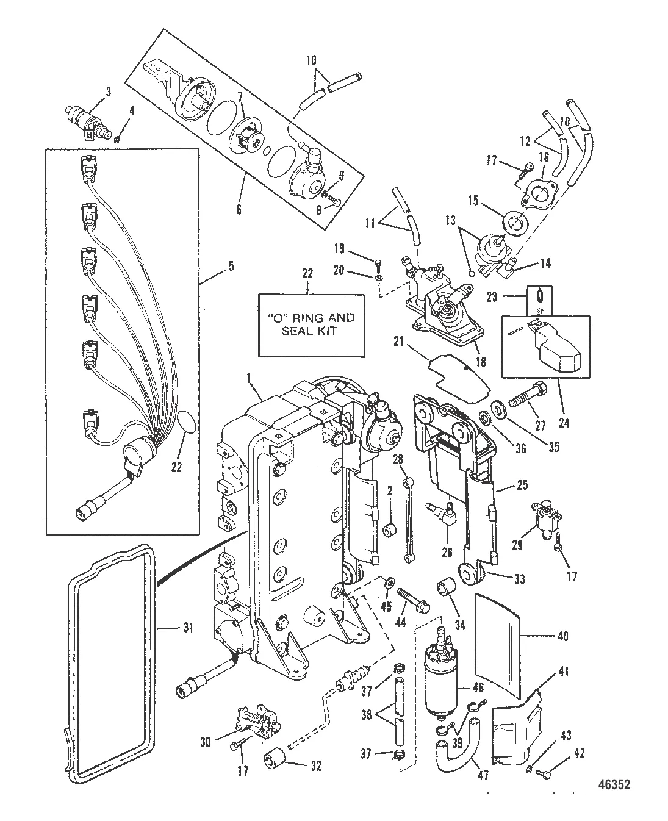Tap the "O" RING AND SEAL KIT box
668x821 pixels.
pyautogui.click(x=312, y=325)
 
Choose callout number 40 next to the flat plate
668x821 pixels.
pyautogui.click(x=562, y=636)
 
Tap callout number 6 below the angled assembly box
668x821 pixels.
pyautogui.click(x=239, y=210)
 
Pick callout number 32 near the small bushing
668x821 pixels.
pyautogui.click(x=315, y=765)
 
